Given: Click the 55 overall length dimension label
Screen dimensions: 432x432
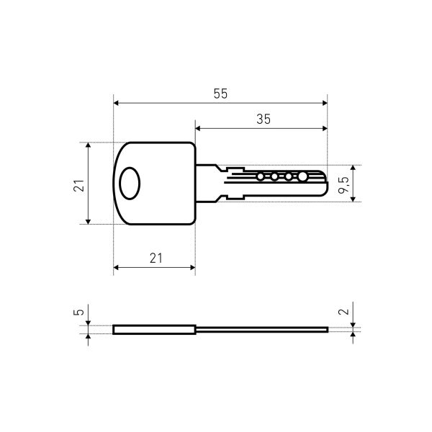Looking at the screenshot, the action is [x=220, y=94].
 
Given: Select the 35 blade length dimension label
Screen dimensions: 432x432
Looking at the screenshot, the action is [x=264, y=120].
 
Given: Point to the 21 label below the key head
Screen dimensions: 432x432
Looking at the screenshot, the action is [x=156, y=258].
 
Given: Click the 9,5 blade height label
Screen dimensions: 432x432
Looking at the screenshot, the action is [x=343, y=185].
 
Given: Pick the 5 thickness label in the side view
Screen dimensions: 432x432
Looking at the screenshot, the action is [x=78, y=312].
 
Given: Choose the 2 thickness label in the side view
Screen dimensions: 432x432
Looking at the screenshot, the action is [x=343, y=312].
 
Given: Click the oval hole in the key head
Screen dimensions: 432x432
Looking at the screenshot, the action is [x=130, y=183].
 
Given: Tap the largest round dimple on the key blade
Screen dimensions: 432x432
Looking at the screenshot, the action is [x=302, y=176].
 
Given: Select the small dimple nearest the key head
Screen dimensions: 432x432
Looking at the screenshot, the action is [x=260, y=176].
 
